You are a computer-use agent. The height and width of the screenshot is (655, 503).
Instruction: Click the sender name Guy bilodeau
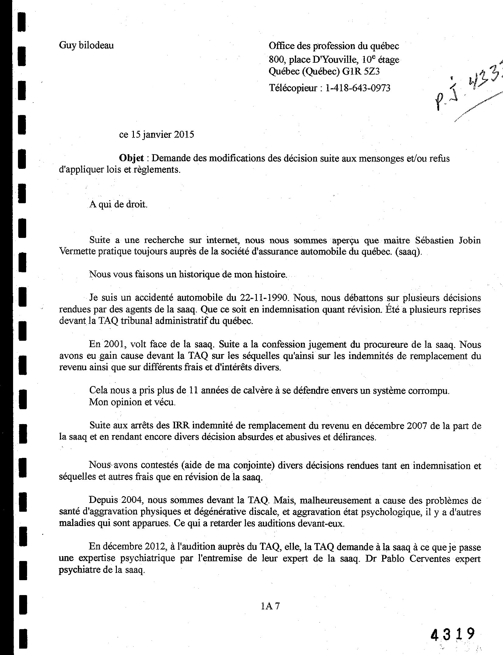point(86,46)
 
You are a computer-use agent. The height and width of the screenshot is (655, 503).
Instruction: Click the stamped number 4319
point(452,635)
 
